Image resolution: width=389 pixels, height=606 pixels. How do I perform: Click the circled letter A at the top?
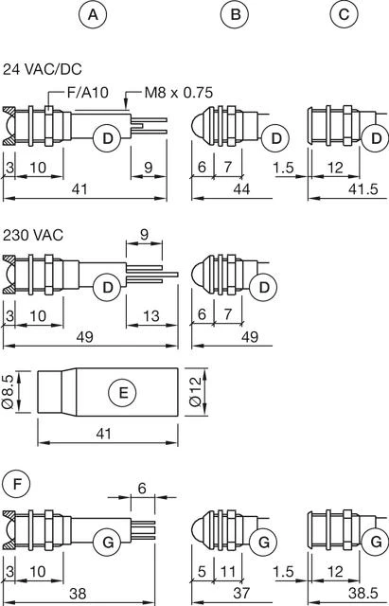click(x=93, y=15)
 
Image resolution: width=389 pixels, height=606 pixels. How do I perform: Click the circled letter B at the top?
click(x=235, y=15)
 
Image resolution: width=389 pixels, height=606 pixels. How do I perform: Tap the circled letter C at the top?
click(x=344, y=15)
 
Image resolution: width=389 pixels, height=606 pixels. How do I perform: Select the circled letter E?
click(x=123, y=393)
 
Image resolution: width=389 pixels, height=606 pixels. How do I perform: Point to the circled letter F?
click(x=17, y=484)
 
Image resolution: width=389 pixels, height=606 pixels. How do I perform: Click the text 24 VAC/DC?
click(x=42, y=69)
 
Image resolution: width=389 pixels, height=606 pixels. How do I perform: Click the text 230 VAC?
click(x=33, y=235)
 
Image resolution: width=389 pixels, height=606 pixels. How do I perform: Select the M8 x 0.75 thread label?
click(x=179, y=93)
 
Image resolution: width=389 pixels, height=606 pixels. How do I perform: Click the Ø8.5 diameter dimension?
click(x=9, y=391)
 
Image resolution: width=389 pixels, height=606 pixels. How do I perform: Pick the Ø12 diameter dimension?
click(x=196, y=391)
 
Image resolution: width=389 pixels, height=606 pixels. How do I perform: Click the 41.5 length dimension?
click(x=362, y=189)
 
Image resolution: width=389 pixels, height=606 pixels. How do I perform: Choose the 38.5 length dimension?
click(x=362, y=594)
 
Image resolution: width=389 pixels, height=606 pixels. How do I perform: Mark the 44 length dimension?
click(x=241, y=189)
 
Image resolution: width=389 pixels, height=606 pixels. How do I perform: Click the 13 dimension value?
click(x=151, y=316)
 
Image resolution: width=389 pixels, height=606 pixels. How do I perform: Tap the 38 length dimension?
click(x=78, y=594)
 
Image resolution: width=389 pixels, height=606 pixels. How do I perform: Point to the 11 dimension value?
click(x=227, y=572)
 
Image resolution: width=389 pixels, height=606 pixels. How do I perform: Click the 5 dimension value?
click(x=202, y=572)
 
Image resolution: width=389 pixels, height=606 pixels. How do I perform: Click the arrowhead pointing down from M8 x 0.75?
click(x=126, y=103)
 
